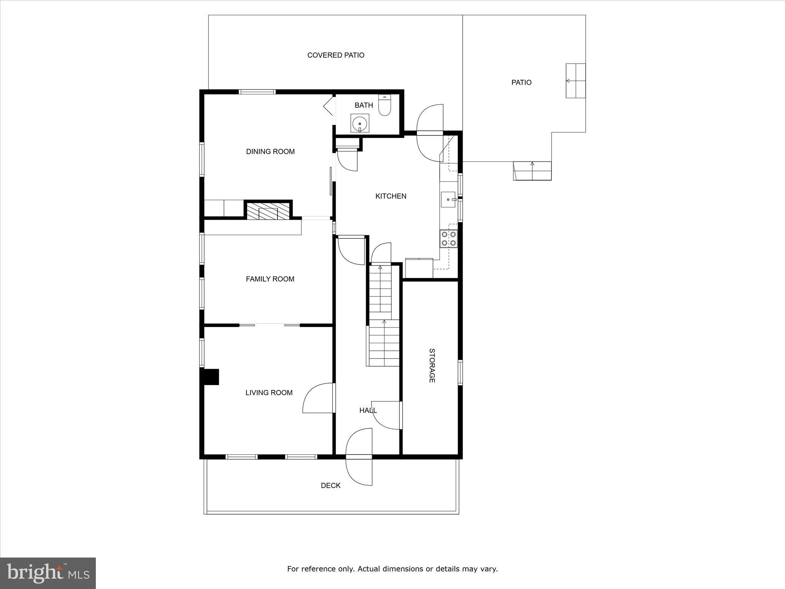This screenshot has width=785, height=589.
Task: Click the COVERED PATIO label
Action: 336,55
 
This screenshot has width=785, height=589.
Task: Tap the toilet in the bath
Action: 384,105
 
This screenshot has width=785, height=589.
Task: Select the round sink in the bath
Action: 360,123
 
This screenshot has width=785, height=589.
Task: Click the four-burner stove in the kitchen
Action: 448,238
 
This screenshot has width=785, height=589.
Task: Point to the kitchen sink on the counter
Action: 448,199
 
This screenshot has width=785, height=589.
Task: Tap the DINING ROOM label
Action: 270,151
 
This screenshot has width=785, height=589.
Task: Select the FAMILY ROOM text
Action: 270,279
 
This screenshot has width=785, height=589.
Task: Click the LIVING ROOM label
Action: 269,393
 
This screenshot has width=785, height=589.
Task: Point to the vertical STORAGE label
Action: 432,365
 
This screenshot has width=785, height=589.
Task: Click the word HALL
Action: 368,410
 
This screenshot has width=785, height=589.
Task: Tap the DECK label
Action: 330,485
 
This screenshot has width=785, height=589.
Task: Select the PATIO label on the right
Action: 521,82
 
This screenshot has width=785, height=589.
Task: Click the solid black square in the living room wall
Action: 210,377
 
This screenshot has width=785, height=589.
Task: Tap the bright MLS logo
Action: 48,573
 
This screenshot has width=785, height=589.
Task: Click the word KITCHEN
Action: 391,196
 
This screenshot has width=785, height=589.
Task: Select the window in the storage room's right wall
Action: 460,372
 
